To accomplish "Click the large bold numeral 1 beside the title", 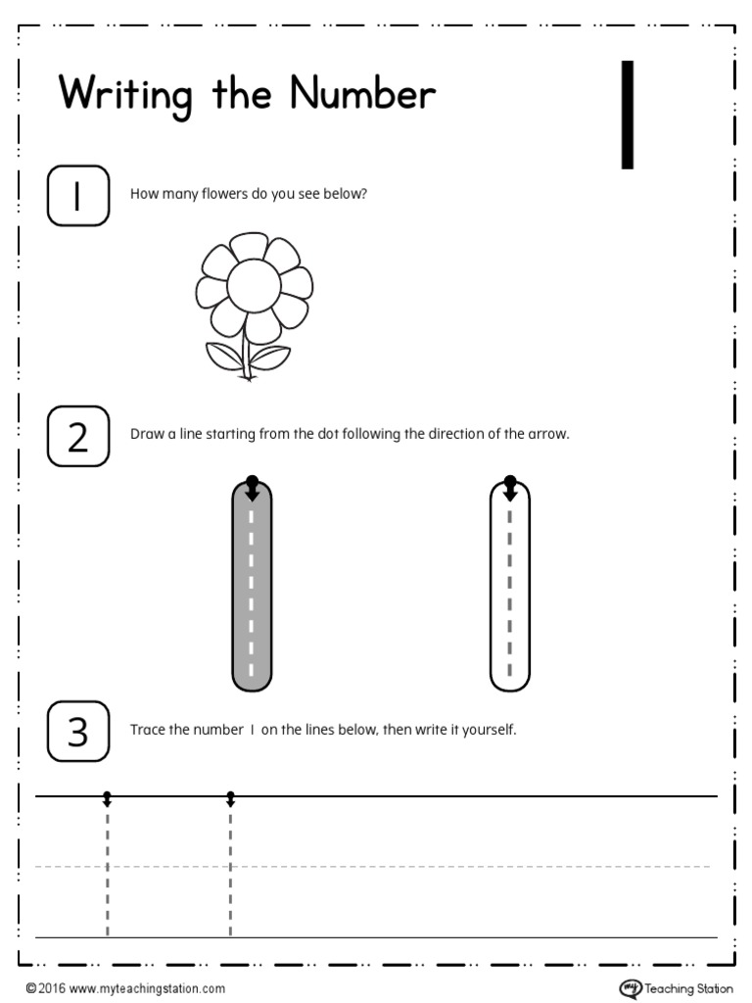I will (x=628, y=115).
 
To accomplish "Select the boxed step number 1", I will (x=77, y=196).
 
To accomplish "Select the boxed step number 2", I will (x=77, y=436).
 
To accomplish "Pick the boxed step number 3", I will (x=77, y=732).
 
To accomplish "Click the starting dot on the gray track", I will (x=253, y=481).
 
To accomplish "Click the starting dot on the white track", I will (x=509, y=481).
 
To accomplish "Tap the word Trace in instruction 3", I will (x=148, y=731).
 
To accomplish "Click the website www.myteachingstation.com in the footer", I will (x=147, y=989).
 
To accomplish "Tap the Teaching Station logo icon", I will (x=630, y=987).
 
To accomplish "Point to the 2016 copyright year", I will (x=52, y=989).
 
